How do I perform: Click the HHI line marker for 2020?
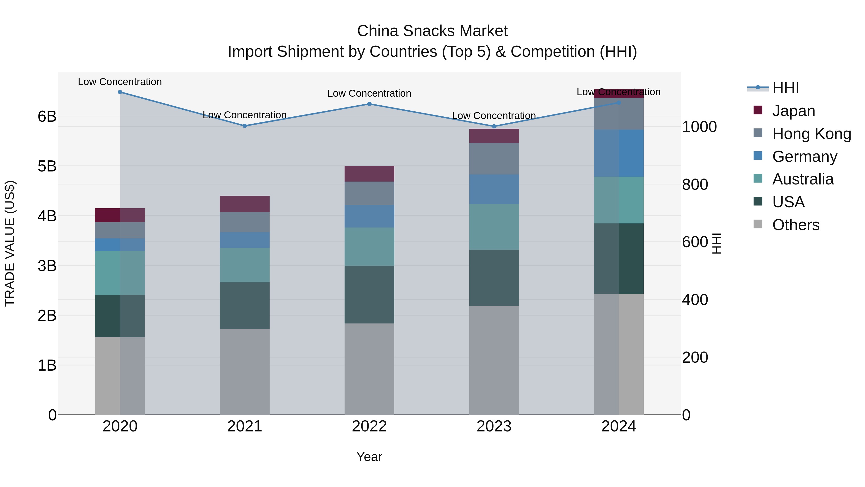tap(120, 92)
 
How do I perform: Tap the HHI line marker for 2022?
tap(369, 104)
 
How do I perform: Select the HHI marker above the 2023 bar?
tap(494, 126)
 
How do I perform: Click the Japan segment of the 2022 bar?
tap(369, 174)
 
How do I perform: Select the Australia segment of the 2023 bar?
tap(494, 227)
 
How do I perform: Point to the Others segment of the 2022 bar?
tap(369, 369)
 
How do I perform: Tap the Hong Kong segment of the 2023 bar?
tap(494, 159)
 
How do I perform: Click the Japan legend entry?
tap(793, 111)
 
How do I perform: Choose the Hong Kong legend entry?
tap(811, 134)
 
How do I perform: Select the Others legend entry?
tap(796, 225)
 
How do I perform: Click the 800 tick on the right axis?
tap(695, 184)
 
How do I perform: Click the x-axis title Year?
tap(369, 457)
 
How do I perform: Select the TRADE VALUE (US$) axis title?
tap(10, 243)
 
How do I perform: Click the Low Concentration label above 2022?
tap(369, 94)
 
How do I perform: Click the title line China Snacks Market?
tap(432, 31)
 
